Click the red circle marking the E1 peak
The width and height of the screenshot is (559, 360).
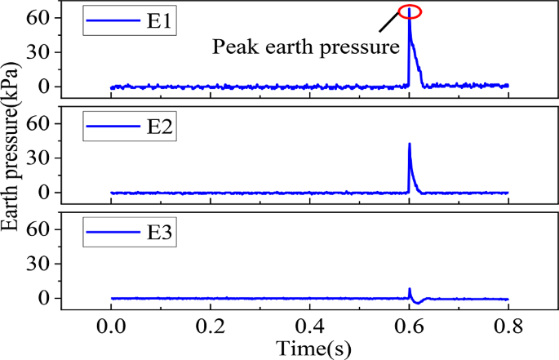tap(410, 11)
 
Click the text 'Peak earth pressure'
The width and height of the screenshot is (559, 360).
tap(306, 47)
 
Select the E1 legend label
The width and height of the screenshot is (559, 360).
tap(158, 21)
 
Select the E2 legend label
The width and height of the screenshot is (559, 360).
tap(158, 127)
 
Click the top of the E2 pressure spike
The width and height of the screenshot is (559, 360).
tap(410, 144)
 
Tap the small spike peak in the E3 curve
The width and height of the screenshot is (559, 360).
tap(410, 289)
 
